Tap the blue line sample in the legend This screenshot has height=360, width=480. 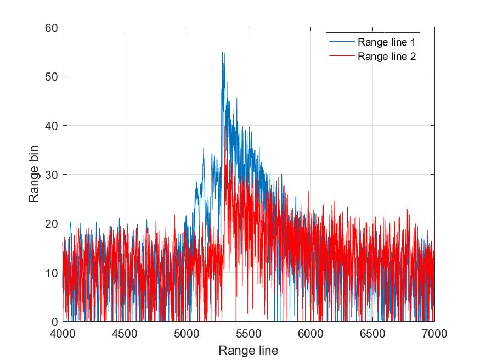click(x=341, y=42)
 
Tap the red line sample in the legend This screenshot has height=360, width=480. click(x=341, y=55)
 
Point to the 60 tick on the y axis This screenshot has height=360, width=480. click(x=52, y=27)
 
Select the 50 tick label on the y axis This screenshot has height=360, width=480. click(x=52, y=76)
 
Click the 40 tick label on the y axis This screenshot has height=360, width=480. click(x=52, y=126)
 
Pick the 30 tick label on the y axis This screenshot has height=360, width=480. click(x=52, y=175)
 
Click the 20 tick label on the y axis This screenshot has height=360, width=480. click(x=52, y=223)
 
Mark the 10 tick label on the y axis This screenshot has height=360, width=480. click(x=52, y=273)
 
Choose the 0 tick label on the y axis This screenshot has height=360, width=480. click(x=54, y=322)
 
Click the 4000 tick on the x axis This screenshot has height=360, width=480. click(x=63, y=333)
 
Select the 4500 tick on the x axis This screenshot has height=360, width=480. click(x=125, y=333)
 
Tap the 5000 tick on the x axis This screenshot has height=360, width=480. click(x=187, y=333)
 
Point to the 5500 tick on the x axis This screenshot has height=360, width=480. click(x=249, y=333)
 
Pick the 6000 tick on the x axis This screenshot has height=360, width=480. click(x=310, y=333)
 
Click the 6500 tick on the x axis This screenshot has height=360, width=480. click(x=372, y=333)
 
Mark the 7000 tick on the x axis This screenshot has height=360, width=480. click(x=434, y=333)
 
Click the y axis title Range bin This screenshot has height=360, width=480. click(x=34, y=175)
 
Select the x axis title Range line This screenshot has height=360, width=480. click(x=248, y=350)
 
